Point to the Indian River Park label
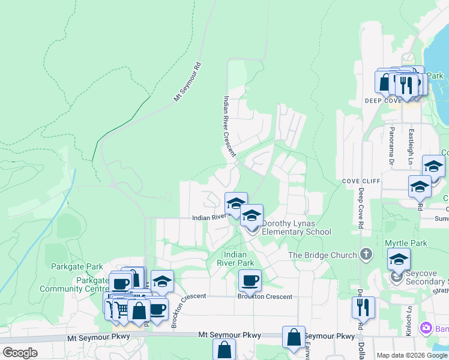[x=238, y=259]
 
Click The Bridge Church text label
[x=322, y=255]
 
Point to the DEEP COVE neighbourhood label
[x=382, y=101]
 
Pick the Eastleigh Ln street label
[x=411, y=148]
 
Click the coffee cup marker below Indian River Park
[x=250, y=280]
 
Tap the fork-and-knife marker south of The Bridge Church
[x=363, y=308]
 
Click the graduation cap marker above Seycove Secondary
[x=399, y=259]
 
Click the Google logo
[x=20, y=353]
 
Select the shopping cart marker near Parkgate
[x=122, y=310]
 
